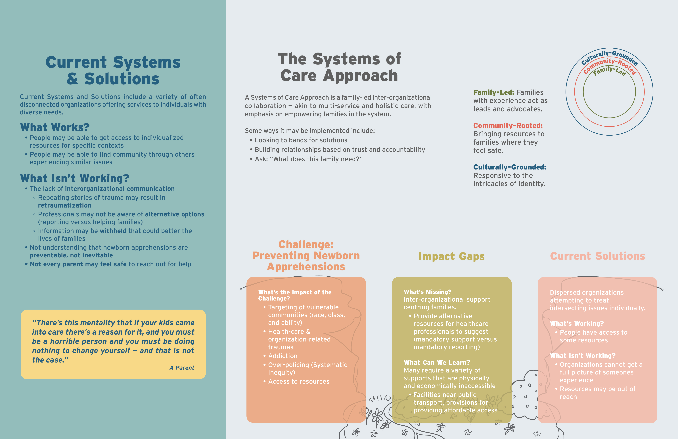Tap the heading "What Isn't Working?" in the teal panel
75,178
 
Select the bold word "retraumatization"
65,205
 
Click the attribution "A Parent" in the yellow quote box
182,368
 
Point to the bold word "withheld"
113,231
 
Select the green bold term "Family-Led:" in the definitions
494,92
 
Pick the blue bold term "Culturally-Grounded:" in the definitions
510,167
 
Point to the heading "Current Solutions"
597,256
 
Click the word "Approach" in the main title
360,76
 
